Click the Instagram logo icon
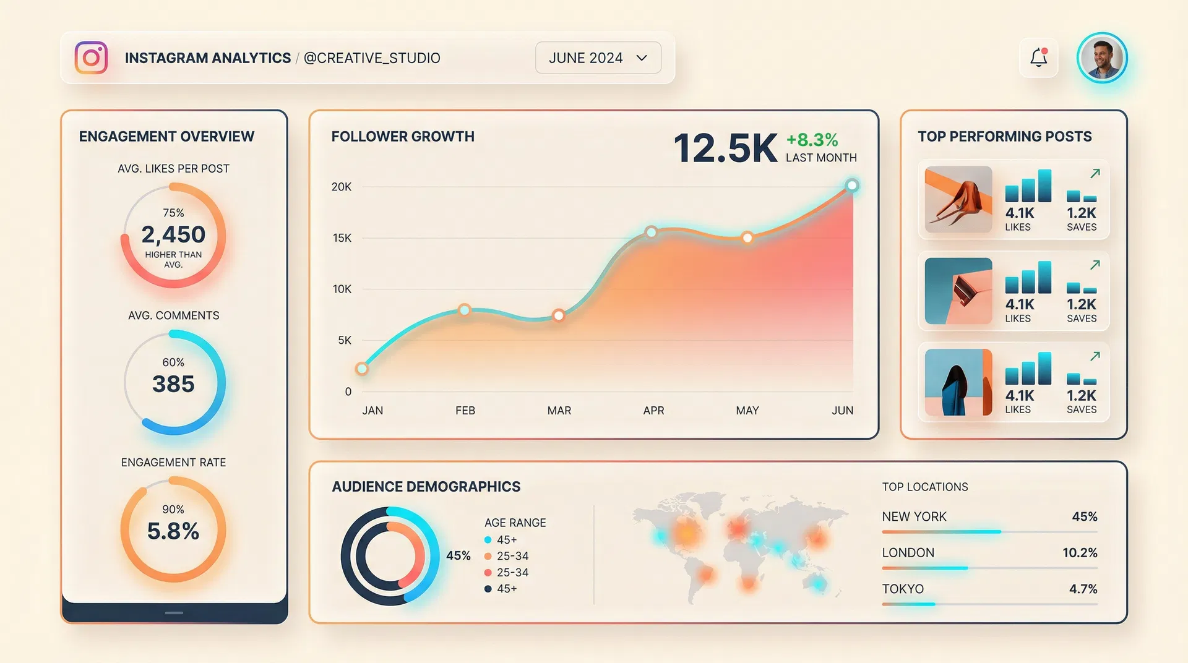(x=91, y=58)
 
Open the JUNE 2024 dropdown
(x=598, y=58)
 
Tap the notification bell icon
(x=1038, y=58)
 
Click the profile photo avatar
(x=1102, y=58)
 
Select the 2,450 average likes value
(x=173, y=235)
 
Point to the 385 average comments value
(x=173, y=384)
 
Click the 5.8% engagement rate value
(x=173, y=531)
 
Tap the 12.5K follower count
(x=725, y=148)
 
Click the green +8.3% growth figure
(x=812, y=140)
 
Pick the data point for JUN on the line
(x=852, y=186)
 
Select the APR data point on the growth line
(x=651, y=232)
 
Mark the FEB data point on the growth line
(x=464, y=310)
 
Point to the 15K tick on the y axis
(x=342, y=238)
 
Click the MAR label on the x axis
(x=559, y=411)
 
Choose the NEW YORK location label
(x=914, y=516)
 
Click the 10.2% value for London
(x=1080, y=553)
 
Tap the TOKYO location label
(x=903, y=589)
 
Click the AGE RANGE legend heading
(x=515, y=523)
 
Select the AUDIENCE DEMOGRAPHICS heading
(x=426, y=487)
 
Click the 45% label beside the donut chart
(x=458, y=555)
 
